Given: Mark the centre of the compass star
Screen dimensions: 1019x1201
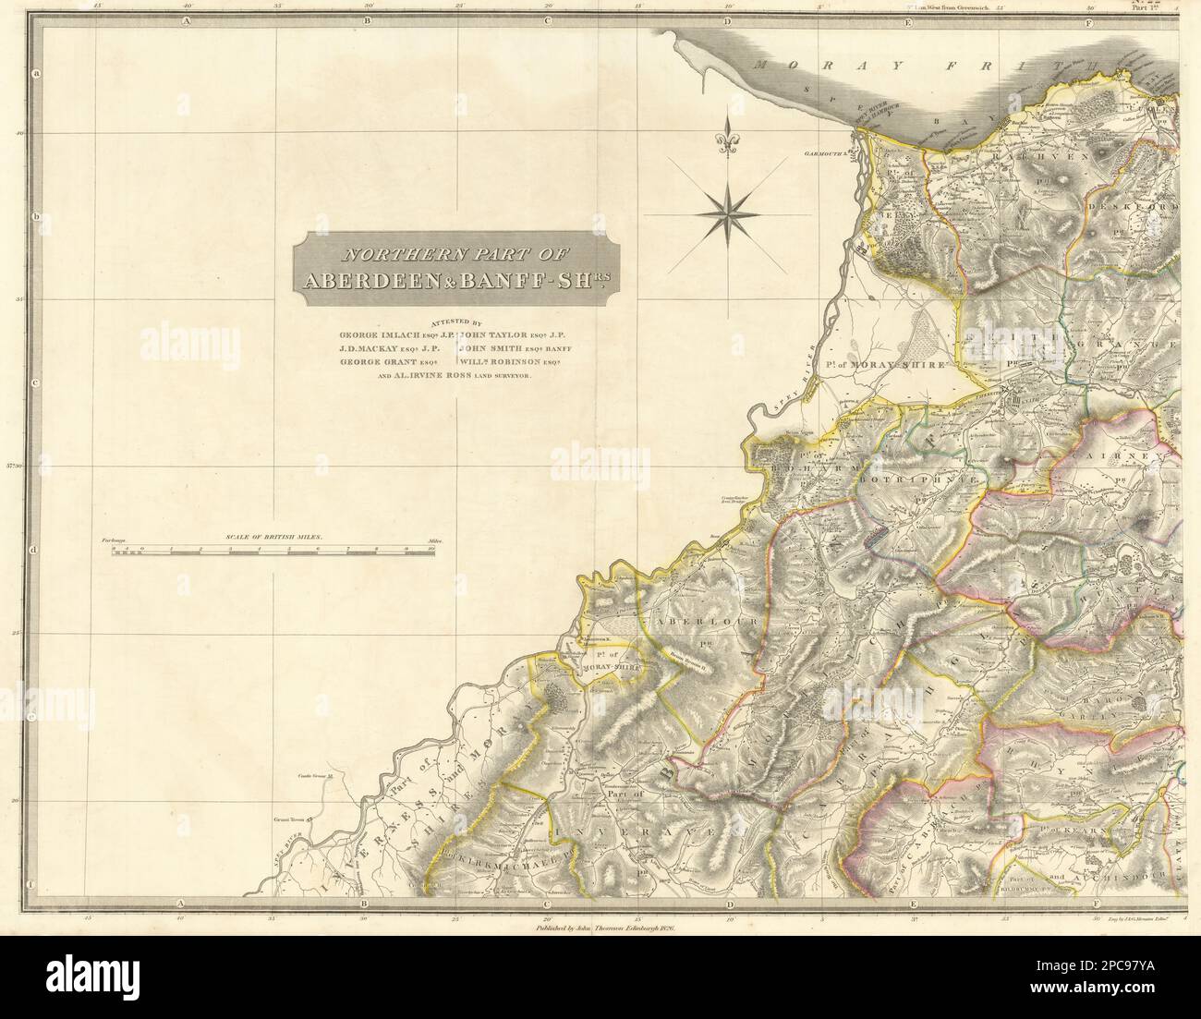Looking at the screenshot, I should click(x=729, y=214).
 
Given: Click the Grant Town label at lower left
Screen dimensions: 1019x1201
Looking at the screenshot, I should click(x=301, y=817).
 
